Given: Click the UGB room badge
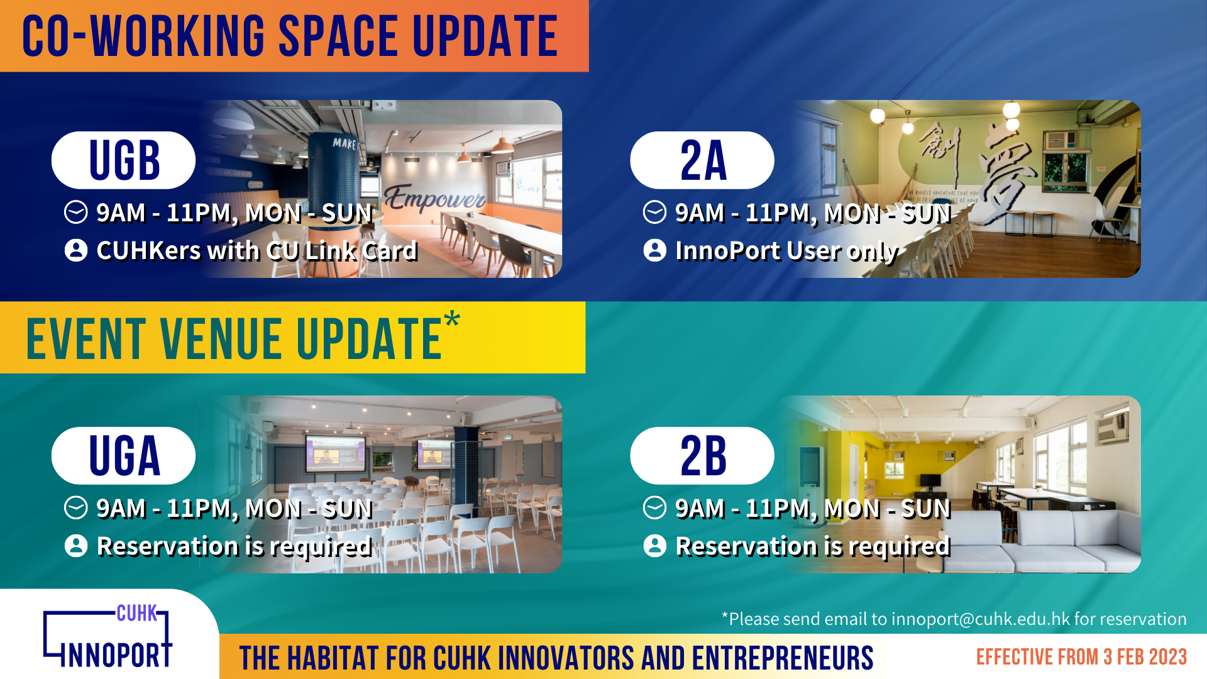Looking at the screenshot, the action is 123,160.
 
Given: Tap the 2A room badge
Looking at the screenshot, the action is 702,160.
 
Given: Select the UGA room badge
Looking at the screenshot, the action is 123,456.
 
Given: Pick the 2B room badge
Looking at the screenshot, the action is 702,456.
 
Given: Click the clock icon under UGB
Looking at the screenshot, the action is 76,213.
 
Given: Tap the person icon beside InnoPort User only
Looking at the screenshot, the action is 655,250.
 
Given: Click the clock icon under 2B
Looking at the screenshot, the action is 655,508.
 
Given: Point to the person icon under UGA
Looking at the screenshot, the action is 76,546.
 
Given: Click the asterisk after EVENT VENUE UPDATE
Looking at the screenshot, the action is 452,319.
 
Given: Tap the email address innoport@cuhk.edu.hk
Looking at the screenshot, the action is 981,619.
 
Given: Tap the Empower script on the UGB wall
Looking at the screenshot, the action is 434,197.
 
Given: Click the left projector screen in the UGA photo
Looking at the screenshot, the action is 334,453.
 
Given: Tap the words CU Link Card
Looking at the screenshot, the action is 341,251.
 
